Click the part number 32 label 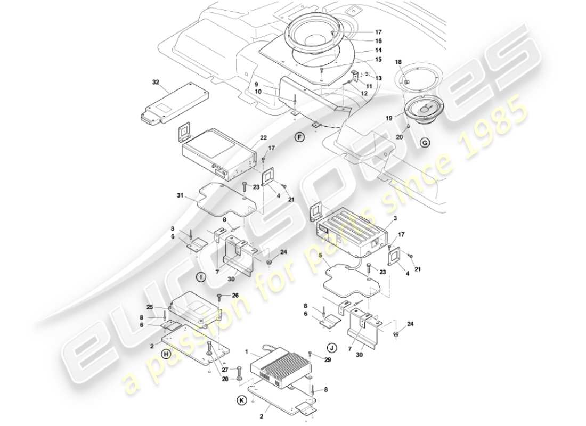pyautogui.click(x=156, y=83)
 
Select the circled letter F pyautogui.click(x=300, y=137)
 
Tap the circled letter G pyautogui.click(x=425, y=142)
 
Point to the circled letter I pyautogui.click(x=201, y=277)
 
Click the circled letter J pyautogui.click(x=332, y=348)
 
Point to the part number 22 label pyautogui.click(x=263, y=138)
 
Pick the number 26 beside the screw pyautogui.click(x=235, y=296)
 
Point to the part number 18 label pyautogui.click(x=398, y=62)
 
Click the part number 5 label pyautogui.click(x=320, y=255)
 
